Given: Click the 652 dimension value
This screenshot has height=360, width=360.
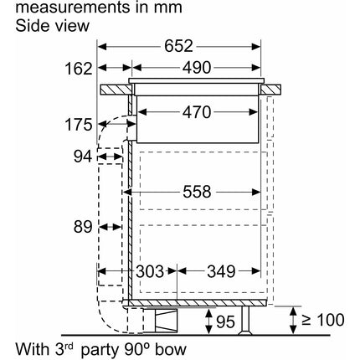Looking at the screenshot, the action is click(x=178, y=46).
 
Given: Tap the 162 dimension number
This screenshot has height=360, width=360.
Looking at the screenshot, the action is click(x=79, y=69).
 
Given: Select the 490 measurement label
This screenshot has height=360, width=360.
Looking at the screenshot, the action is click(x=197, y=68).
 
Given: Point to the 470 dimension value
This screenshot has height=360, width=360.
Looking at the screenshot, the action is click(x=197, y=112).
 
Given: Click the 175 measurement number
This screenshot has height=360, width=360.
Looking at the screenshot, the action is click(x=79, y=125).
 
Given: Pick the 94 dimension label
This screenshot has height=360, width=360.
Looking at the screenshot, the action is click(x=83, y=157).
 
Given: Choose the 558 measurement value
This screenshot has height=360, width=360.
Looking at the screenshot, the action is click(x=197, y=192).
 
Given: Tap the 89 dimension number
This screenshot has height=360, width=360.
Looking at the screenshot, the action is click(x=83, y=227).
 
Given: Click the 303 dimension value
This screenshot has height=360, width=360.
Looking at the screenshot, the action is click(x=150, y=271).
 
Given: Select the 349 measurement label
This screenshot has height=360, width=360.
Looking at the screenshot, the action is click(x=221, y=271).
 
